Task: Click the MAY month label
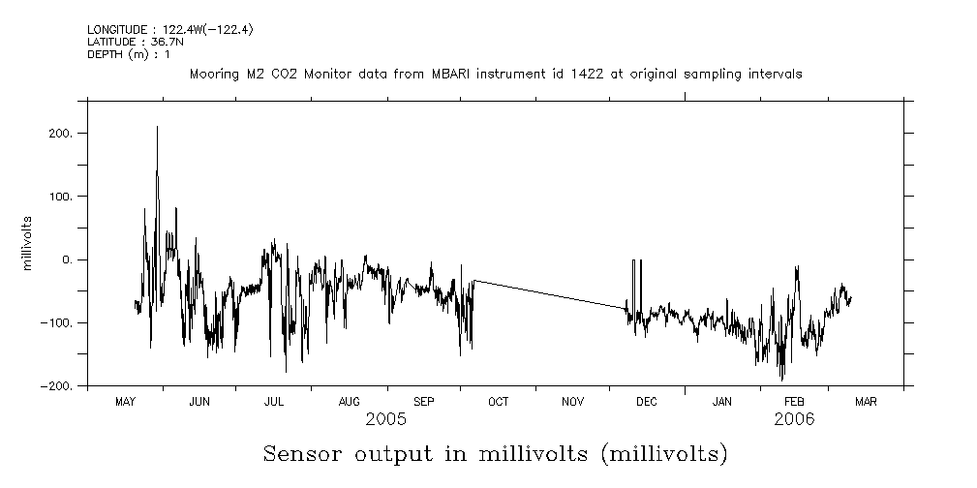click(x=125, y=402)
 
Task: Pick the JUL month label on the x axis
click(x=274, y=402)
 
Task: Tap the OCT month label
click(x=498, y=402)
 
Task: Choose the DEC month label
click(x=647, y=402)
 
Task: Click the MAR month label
click(x=866, y=402)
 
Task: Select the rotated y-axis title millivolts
click(x=28, y=242)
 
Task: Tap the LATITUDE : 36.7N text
click(x=129, y=43)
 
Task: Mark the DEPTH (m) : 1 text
click(x=129, y=54)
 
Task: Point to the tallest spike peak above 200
click(x=157, y=128)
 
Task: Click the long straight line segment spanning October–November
click(x=547, y=293)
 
